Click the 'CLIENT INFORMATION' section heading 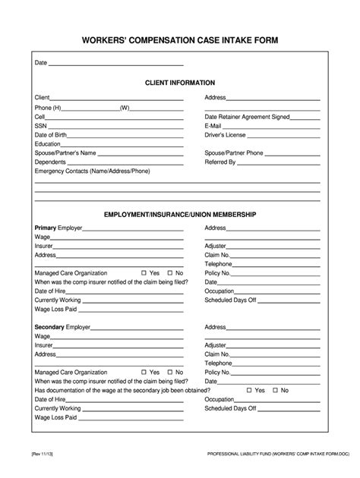click(x=180, y=82)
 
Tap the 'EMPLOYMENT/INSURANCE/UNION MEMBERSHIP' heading click(x=180, y=215)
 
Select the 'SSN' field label click(x=41, y=125)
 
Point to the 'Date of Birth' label click(x=51, y=134)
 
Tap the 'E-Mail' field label click(x=215, y=125)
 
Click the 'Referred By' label click(x=220, y=162)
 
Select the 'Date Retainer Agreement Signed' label click(x=247, y=116)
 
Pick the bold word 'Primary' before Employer click(x=47, y=228)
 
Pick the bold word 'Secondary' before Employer click(x=50, y=327)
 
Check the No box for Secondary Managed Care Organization click(x=170, y=373)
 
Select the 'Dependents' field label click(x=50, y=162)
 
